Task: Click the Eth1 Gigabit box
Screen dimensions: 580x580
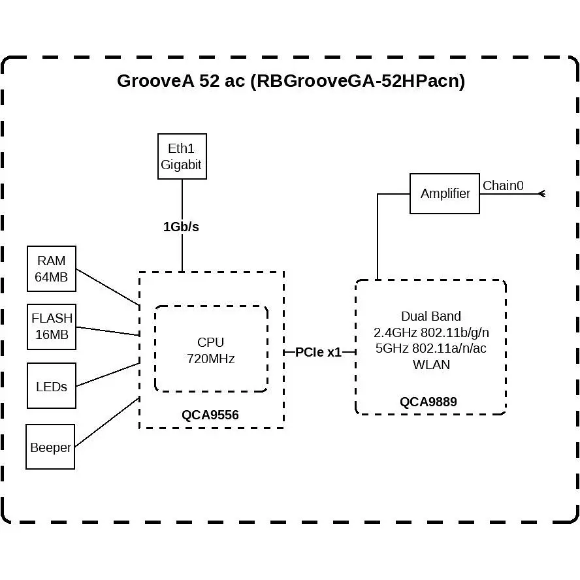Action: pyautogui.click(x=182, y=157)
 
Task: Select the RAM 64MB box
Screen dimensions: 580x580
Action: pyautogui.click(x=52, y=269)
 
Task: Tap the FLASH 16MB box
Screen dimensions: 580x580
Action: pyautogui.click(x=52, y=327)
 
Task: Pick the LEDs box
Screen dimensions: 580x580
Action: pyautogui.click(x=52, y=386)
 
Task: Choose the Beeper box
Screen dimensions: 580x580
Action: pyautogui.click(x=50, y=447)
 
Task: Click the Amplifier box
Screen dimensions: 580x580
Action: pyautogui.click(x=445, y=193)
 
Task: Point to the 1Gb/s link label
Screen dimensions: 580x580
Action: pyautogui.click(x=182, y=227)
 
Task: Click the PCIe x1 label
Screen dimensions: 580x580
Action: pyautogui.click(x=318, y=352)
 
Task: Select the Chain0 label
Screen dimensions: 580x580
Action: pyautogui.click(x=503, y=185)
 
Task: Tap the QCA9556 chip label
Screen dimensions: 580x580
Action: pyautogui.click(x=210, y=415)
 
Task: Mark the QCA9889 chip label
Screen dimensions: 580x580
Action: pyautogui.click(x=428, y=402)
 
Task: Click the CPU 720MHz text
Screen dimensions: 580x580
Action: pyautogui.click(x=210, y=350)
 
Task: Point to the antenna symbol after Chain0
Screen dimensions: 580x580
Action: pyautogui.click(x=542, y=194)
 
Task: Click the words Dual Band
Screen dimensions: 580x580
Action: pyautogui.click(x=431, y=316)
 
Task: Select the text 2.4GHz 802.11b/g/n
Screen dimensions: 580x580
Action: pyautogui.click(x=431, y=332)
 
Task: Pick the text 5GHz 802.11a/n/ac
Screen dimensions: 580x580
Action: pyautogui.click(x=431, y=348)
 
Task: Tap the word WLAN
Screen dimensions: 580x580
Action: pyautogui.click(x=431, y=364)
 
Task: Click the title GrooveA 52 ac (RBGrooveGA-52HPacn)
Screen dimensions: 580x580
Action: pyautogui.click(x=291, y=80)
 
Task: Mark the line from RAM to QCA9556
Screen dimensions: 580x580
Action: pyautogui.click(x=108, y=287)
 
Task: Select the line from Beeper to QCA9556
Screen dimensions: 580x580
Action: pyautogui.click(x=107, y=422)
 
